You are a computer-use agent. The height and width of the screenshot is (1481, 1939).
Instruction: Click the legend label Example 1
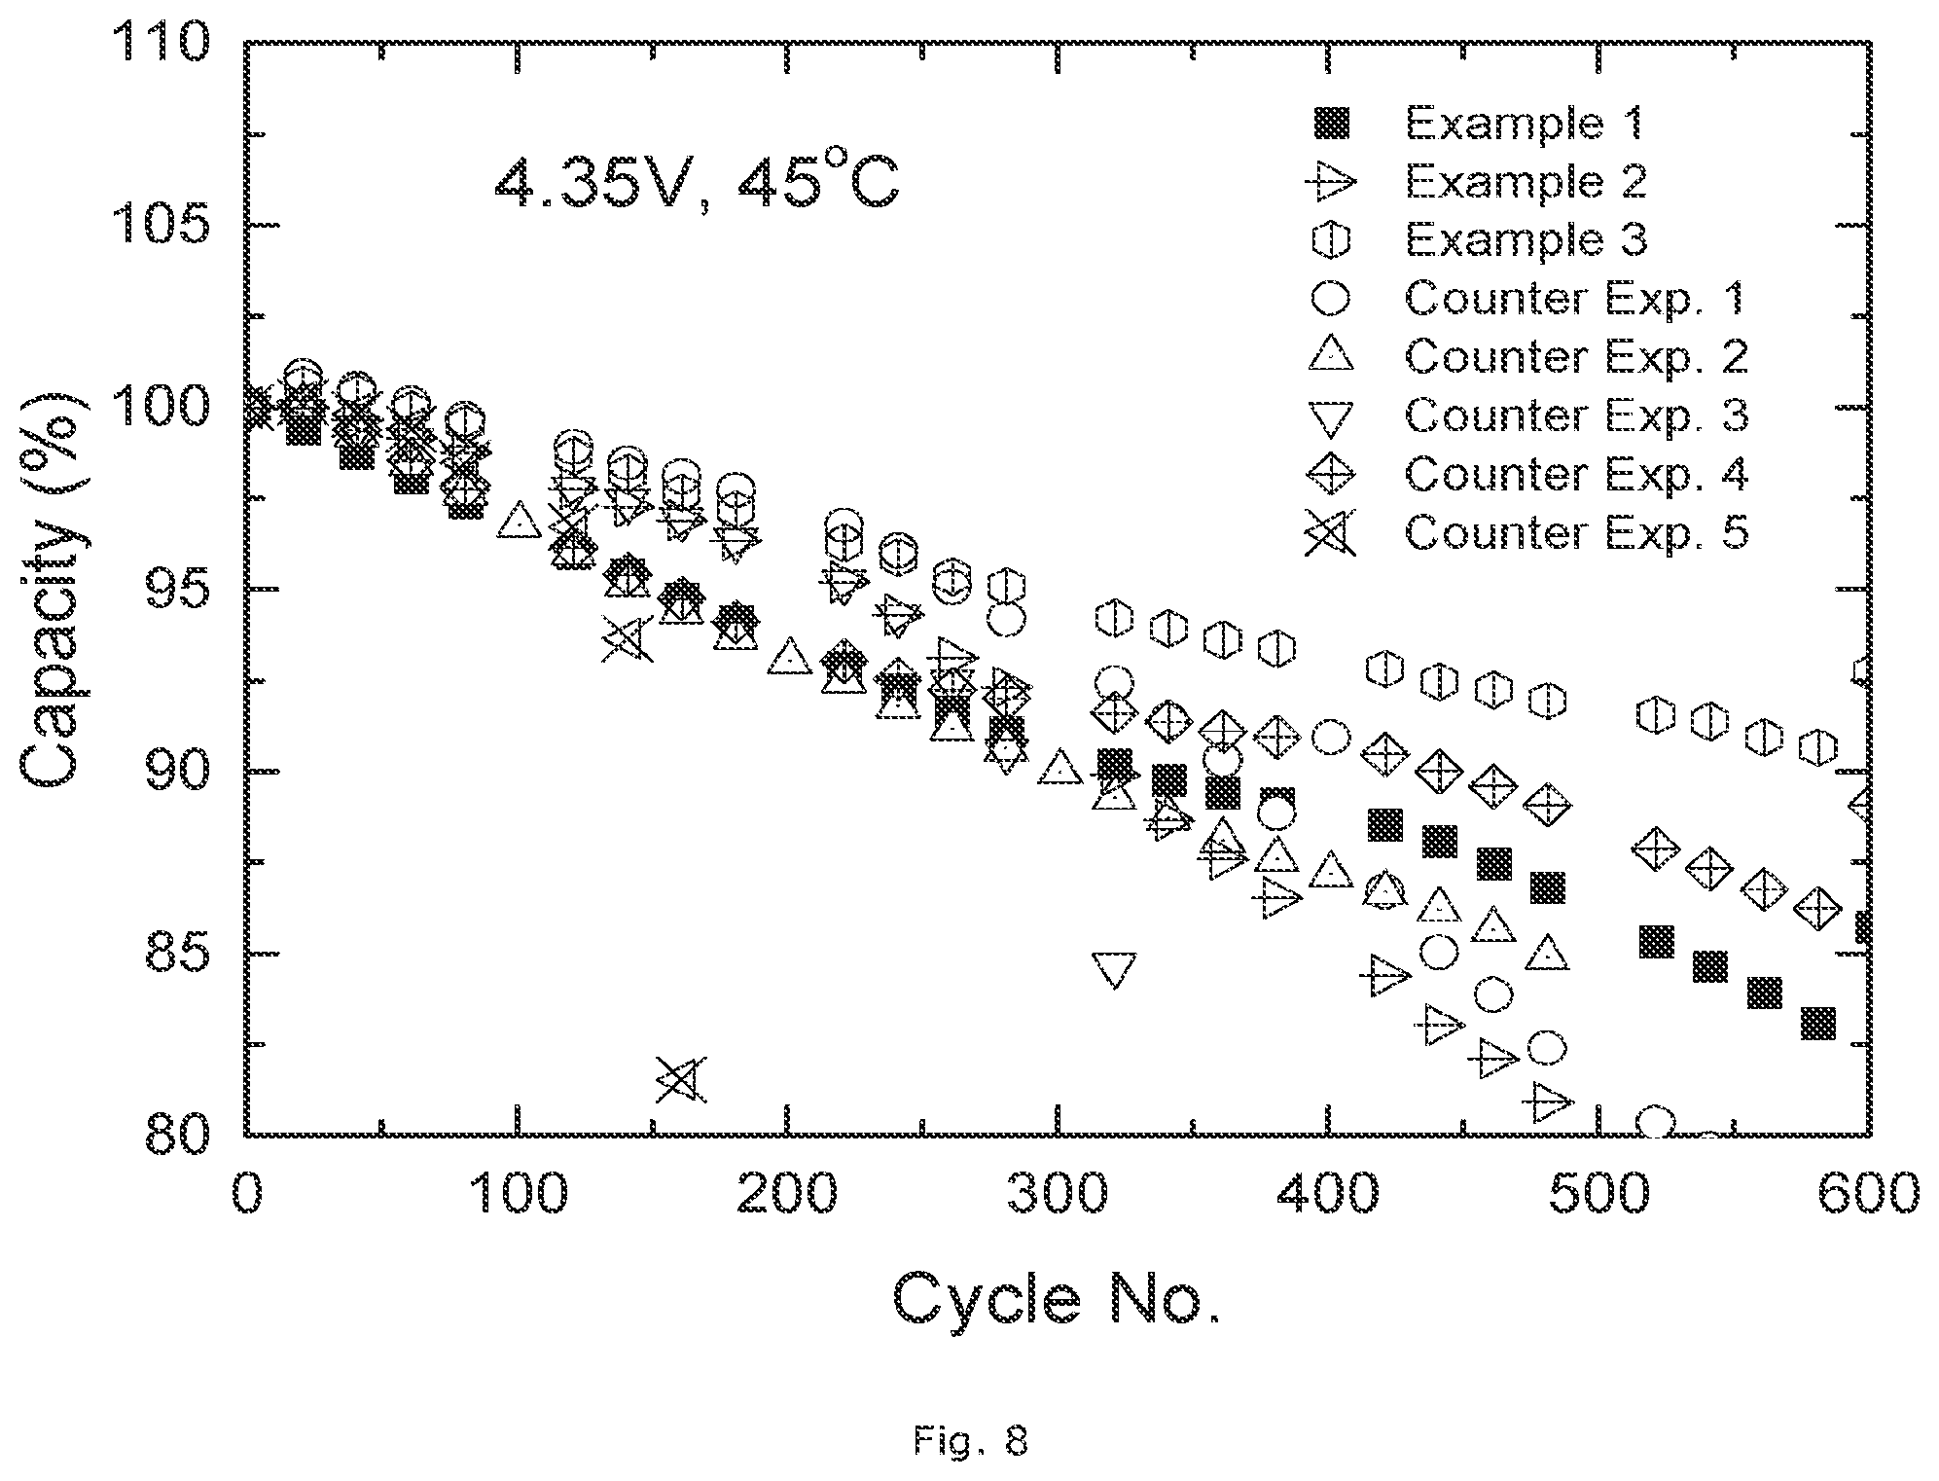1525,123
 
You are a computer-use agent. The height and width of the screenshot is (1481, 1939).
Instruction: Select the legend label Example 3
1526,239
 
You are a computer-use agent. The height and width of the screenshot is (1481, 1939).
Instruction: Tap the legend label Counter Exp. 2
1576,356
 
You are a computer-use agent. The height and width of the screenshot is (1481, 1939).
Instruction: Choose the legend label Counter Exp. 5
1576,532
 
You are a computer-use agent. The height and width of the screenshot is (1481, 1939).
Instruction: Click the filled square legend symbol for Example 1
1331,124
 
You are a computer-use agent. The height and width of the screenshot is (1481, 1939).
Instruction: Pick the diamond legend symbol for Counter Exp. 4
1331,474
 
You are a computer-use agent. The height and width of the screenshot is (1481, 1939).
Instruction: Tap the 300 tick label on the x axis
1058,1193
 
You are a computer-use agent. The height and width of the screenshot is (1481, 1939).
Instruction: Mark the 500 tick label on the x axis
1598,1193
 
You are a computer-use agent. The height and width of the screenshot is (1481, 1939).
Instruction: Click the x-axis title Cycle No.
1057,1299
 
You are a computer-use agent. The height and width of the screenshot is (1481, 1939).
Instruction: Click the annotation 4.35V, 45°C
697,182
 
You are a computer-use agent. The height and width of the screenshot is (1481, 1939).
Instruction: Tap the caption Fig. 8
970,1440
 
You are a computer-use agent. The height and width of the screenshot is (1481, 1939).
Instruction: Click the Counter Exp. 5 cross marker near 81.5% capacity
680,1079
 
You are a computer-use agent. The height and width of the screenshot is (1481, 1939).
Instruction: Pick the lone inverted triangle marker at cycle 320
1114,970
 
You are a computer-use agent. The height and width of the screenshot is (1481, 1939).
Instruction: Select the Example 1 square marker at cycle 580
1817,1024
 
